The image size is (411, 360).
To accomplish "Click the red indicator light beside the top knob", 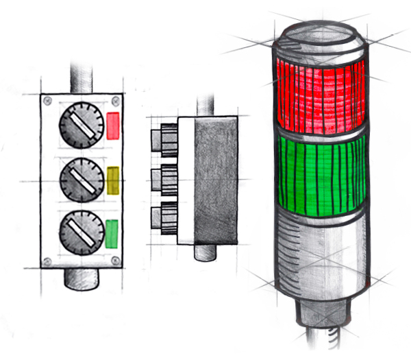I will pos(114,126).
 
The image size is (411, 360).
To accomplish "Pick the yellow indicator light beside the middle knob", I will pos(114,180).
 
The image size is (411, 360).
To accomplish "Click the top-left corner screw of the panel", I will pos(47,101).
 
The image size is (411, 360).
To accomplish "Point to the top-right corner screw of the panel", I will pos(114,101).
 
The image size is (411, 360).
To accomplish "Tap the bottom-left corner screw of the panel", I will pos(47,260).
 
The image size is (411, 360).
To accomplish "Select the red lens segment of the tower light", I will pos(319,93).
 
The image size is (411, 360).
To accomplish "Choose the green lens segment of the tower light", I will pos(319,171).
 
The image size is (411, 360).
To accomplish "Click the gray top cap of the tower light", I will pos(318,38).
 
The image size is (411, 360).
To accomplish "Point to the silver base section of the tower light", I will pos(319,254).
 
